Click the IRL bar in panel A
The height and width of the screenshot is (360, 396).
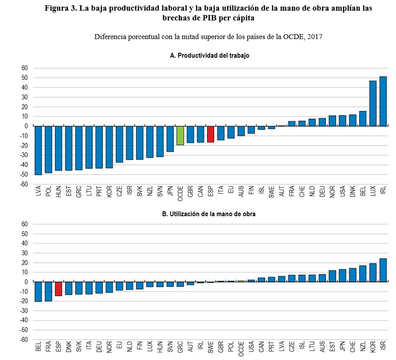coord(383,101)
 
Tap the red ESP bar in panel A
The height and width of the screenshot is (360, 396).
coord(211,134)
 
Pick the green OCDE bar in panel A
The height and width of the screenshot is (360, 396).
coord(180,135)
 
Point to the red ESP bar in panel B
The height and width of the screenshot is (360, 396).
coord(59,289)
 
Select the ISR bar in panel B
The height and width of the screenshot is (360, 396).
coord(383,270)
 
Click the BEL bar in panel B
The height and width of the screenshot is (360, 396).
coord(38,292)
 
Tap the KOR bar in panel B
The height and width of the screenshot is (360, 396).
coord(373,273)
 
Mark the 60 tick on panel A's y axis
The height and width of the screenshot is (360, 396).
coord(24,68)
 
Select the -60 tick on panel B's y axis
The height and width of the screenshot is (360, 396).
coord(23,340)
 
